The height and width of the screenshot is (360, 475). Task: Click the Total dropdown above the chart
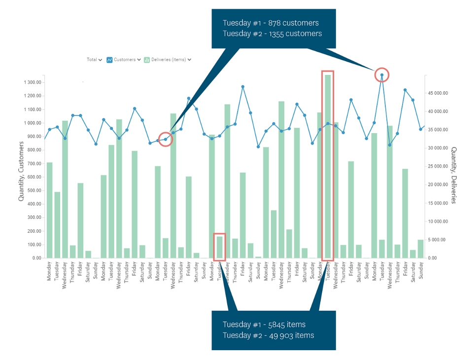click(94, 60)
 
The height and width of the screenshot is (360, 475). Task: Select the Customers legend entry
click(124, 60)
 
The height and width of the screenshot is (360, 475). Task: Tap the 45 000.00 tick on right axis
click(438, 93)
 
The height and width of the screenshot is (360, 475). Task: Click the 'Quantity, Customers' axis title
click(21, 171)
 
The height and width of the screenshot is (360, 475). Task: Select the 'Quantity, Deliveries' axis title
click(454, 175)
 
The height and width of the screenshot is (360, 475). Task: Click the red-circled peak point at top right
click(382, 75)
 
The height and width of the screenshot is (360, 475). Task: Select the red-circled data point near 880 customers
click(166, 140)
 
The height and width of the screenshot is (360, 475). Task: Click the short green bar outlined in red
click(220, 247)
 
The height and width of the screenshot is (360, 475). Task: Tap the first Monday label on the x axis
click(49, 271)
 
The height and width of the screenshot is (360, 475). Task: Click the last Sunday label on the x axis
click(421, 271)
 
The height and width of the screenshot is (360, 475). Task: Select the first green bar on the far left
click(49, 210)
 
